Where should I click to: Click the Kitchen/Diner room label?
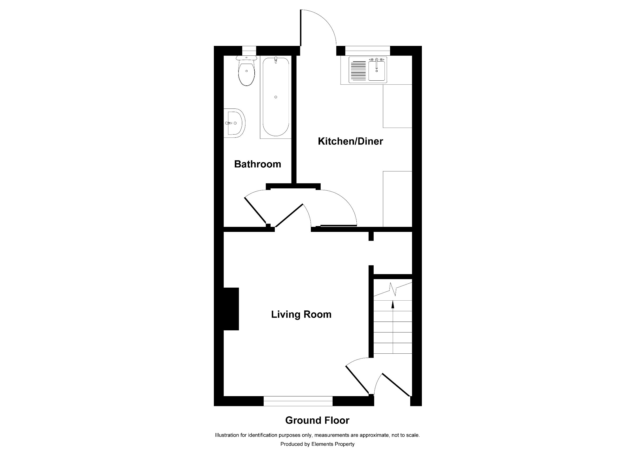pyautogui.click(x=350, y=141)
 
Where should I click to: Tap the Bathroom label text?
pyautogui.click(x=257, y=164)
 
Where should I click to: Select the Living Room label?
pyautogui.click(x=301, y=314)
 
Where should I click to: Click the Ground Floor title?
pyautogui.click(x=317, y=420)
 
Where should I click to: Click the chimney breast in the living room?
pyautogui.click(x=231, y=309)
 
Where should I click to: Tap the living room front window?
pyautogui.click(x=298, y=401)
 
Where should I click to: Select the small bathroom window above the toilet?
pyautogui.click(x=249, y=51)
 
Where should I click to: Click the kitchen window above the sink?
pyautogui.click(x=367, y=51)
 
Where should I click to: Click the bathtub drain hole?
pyautogui.click(x=276, y=97)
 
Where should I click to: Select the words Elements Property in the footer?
pyautogui.click(x=333, y=444)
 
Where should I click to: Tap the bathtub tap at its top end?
pyautogui.click(x=276, y=60)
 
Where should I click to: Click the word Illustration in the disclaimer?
pyautogui.click(x=227, y=435)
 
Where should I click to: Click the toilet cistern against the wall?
pyautogui.click(x=246, y=58)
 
